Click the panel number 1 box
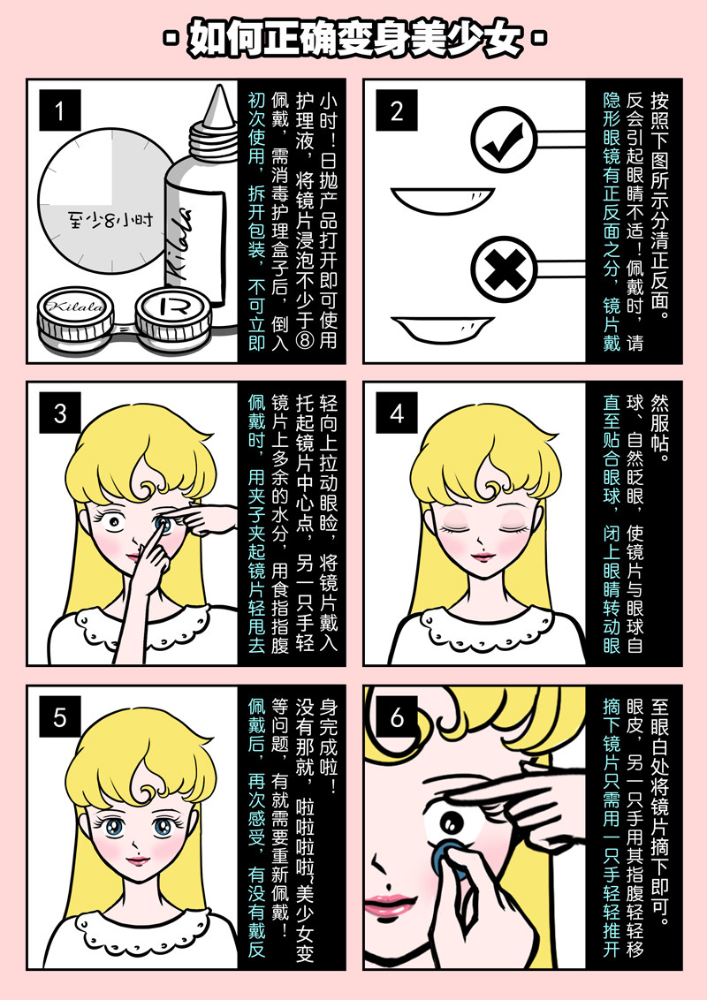(60, 110)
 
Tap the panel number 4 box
(397, 413)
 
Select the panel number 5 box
(60, 716)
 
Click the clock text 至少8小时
(110, 221)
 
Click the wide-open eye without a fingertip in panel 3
(114, 523)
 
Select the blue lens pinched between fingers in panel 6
(451, 859)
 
